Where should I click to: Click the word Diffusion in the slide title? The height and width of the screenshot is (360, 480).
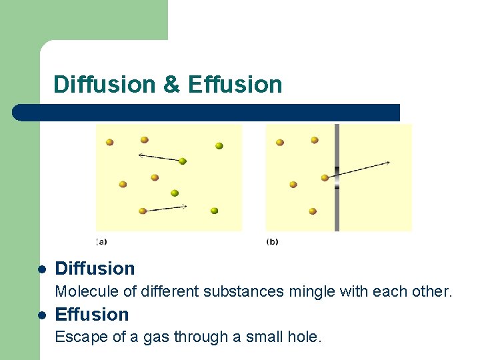(x=104, y=85)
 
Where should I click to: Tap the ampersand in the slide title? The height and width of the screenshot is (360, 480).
(x=171, y=85)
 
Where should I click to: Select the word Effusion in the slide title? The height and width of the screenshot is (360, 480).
(x=235, y=85)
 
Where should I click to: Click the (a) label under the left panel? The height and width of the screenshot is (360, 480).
(x=101, y=241)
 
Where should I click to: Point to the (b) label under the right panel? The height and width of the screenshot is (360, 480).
(x=272, y=241)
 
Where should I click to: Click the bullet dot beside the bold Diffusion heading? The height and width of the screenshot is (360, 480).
(x=41, y=269)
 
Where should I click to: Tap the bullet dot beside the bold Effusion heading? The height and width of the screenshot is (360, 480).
(x=41, y=315)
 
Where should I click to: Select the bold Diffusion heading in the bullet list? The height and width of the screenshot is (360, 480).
(x=95, y=269)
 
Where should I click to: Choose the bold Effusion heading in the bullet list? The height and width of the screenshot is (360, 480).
(x=92, y=315)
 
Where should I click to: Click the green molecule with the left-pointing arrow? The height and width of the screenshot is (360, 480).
(x=182, y=161)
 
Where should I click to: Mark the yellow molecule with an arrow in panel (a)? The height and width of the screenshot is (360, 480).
(x=142, y=211)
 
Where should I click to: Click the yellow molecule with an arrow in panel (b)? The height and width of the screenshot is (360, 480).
(x=325, y=177)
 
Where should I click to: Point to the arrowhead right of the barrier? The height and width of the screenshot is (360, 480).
(x=387, y=162)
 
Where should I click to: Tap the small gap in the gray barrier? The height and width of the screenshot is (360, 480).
(x=337, y=178)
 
